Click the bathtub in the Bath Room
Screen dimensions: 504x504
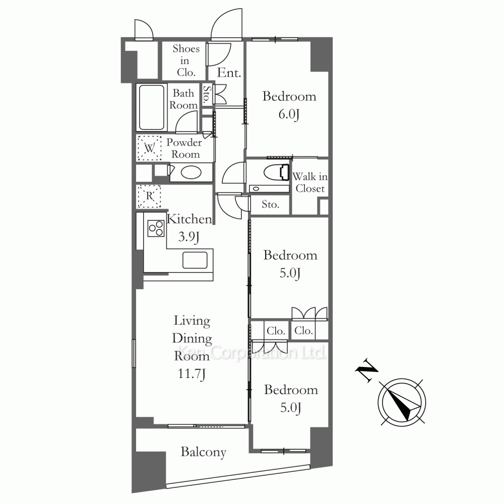(x=151, y=107)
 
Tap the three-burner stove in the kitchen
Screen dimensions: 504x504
(x=156, y=228)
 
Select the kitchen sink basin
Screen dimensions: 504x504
(x=195, y=260)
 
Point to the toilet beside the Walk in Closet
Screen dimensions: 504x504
(x=276, y=173)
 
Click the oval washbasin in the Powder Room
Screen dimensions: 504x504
(x=191, y=172)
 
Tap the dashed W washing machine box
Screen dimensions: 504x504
(x=150, y=148)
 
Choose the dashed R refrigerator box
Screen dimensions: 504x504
(x=149, y=196)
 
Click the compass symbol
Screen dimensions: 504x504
(x=402, y=402)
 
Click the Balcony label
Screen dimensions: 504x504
(x=204, y=452)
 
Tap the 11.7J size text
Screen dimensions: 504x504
(x=192, y=374)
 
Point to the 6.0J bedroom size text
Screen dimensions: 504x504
(x=289, y=114)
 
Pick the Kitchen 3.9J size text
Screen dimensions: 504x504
(x=189, y=237)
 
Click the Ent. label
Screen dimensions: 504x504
(x=229, y=73)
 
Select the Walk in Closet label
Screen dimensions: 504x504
(x=310, y=182)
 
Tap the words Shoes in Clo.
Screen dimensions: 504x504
(x=186, y=60)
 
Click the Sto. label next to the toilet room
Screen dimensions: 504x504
(x=270, y=205)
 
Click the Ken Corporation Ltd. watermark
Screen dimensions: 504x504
(x=251, y=352)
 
